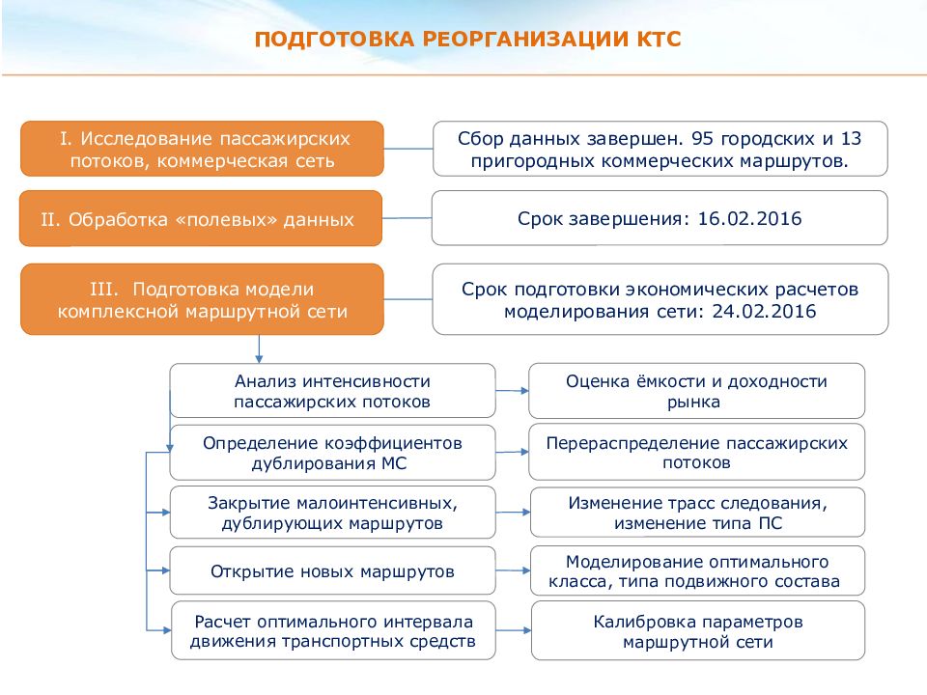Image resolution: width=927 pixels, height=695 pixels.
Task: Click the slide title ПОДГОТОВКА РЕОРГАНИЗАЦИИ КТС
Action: point(467,40)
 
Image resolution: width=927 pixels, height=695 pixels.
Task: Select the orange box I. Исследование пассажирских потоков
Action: point(202,149)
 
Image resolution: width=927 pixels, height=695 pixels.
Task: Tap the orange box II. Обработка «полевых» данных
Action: point(202,219)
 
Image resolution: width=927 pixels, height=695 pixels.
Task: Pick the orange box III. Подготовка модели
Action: point(202,300)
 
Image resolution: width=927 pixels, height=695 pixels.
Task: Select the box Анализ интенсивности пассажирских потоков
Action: point(332,391)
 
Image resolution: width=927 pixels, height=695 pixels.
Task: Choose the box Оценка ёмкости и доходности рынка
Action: point(696,391)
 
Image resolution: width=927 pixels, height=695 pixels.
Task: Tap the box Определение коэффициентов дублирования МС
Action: point(332,453)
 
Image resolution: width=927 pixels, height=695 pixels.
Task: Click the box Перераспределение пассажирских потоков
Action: point(696,453)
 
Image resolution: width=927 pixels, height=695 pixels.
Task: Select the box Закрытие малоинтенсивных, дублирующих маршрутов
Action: point(332,514)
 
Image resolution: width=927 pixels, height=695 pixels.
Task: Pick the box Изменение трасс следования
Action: point(696,514)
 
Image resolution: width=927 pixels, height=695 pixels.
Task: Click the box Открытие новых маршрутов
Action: point(332,571)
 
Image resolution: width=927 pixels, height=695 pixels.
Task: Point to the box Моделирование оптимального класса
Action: point(696,571)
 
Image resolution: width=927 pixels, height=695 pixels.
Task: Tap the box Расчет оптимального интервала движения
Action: point(332,630)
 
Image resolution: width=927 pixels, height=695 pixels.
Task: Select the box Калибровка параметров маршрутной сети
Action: point(696,630)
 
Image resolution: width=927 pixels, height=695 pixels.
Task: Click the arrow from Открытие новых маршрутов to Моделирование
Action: point(512,571)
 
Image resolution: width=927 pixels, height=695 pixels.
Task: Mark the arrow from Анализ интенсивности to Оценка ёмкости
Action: point(512,390)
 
